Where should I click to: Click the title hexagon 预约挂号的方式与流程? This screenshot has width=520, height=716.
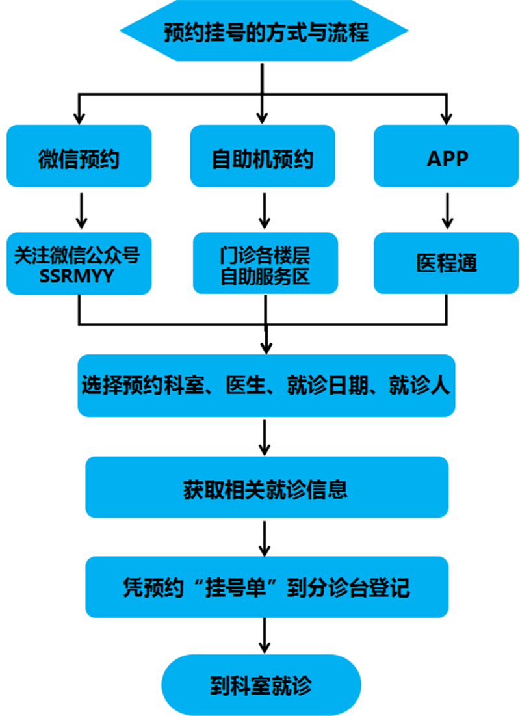[264, 32]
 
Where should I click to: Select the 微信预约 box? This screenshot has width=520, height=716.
[79, 157]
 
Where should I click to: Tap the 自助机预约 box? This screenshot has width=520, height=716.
[263, 157]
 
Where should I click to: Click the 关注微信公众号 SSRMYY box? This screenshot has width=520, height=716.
[79, 263]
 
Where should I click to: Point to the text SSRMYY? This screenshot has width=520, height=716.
[77, 275]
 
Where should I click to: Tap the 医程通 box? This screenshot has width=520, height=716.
[447, 263]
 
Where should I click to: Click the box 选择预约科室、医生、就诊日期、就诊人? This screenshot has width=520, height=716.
[266, 386]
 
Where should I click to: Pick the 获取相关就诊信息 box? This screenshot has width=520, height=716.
[266, 488]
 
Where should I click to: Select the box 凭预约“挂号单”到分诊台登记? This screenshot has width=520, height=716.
[266, 587]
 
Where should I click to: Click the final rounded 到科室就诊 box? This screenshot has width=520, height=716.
[261, 685]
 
